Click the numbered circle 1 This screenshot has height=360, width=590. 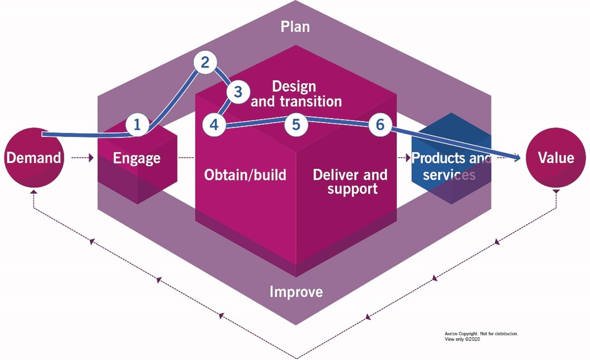click(137, 125)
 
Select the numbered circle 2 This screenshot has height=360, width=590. click(205, 62)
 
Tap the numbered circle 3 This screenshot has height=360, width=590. click(238, 92)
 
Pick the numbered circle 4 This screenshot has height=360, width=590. click(214, 125)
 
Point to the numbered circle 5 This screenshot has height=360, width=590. click(296, 125)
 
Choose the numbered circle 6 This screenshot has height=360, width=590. click(379, 125)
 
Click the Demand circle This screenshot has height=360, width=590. click(34, 158)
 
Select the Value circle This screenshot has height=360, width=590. click(556, 158)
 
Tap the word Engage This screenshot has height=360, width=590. click(137, 158)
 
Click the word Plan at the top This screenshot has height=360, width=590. click(295, 26)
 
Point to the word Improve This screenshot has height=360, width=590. click(296, 292)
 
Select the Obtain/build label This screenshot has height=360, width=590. click(245, 175)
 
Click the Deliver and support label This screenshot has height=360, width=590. click(350, 181)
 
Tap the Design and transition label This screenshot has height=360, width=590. click(296, 94)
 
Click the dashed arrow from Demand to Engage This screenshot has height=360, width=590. click(82, 158)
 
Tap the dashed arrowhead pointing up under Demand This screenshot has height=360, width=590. click(34, 190)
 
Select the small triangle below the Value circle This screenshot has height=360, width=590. click(556, 191)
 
